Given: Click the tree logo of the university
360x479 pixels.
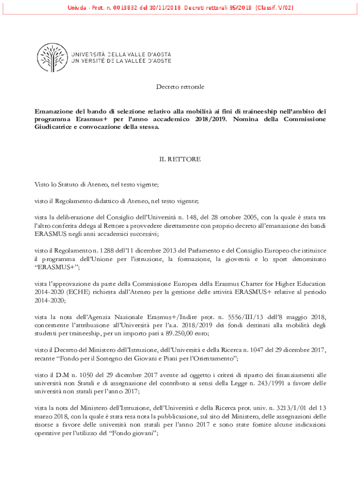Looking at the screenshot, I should (x=52, y=58).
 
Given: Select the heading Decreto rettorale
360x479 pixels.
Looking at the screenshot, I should (x=180, y=87).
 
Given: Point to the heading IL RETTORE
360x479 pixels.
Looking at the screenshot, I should (x=180, y=160).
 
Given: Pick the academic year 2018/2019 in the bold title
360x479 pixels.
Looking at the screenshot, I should (x=208, y=119).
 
